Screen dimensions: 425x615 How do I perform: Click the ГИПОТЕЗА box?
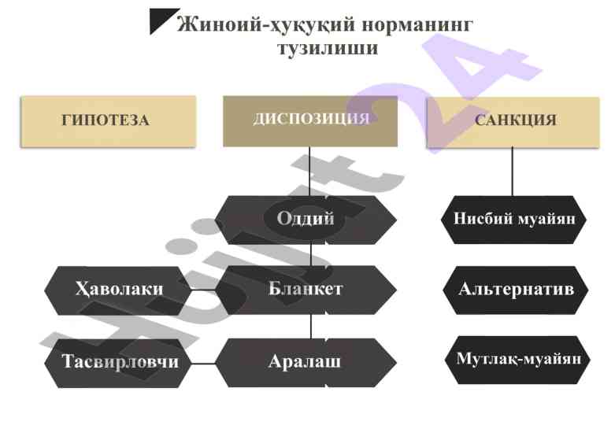click(x=107, y=121)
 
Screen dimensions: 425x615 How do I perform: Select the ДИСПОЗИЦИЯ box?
click(x=309, y=120)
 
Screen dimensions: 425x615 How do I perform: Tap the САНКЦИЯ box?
click(x=515, y=121)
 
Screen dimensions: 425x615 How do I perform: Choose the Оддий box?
click(x=306, y=220)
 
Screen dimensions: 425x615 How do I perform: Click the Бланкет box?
click(x=306, y=289)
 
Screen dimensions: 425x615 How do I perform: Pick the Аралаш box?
click(x=306, y=362)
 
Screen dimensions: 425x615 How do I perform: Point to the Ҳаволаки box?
click(x=119, y=289)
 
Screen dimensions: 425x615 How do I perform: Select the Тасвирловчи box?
click(x=119, y=362)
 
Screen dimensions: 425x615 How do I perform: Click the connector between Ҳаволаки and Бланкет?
click(x=203, y=290)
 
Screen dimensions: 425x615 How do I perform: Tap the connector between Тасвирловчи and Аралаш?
click(x=203, y=364)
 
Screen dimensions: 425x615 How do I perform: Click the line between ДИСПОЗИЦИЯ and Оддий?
click(x=310, y=172)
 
